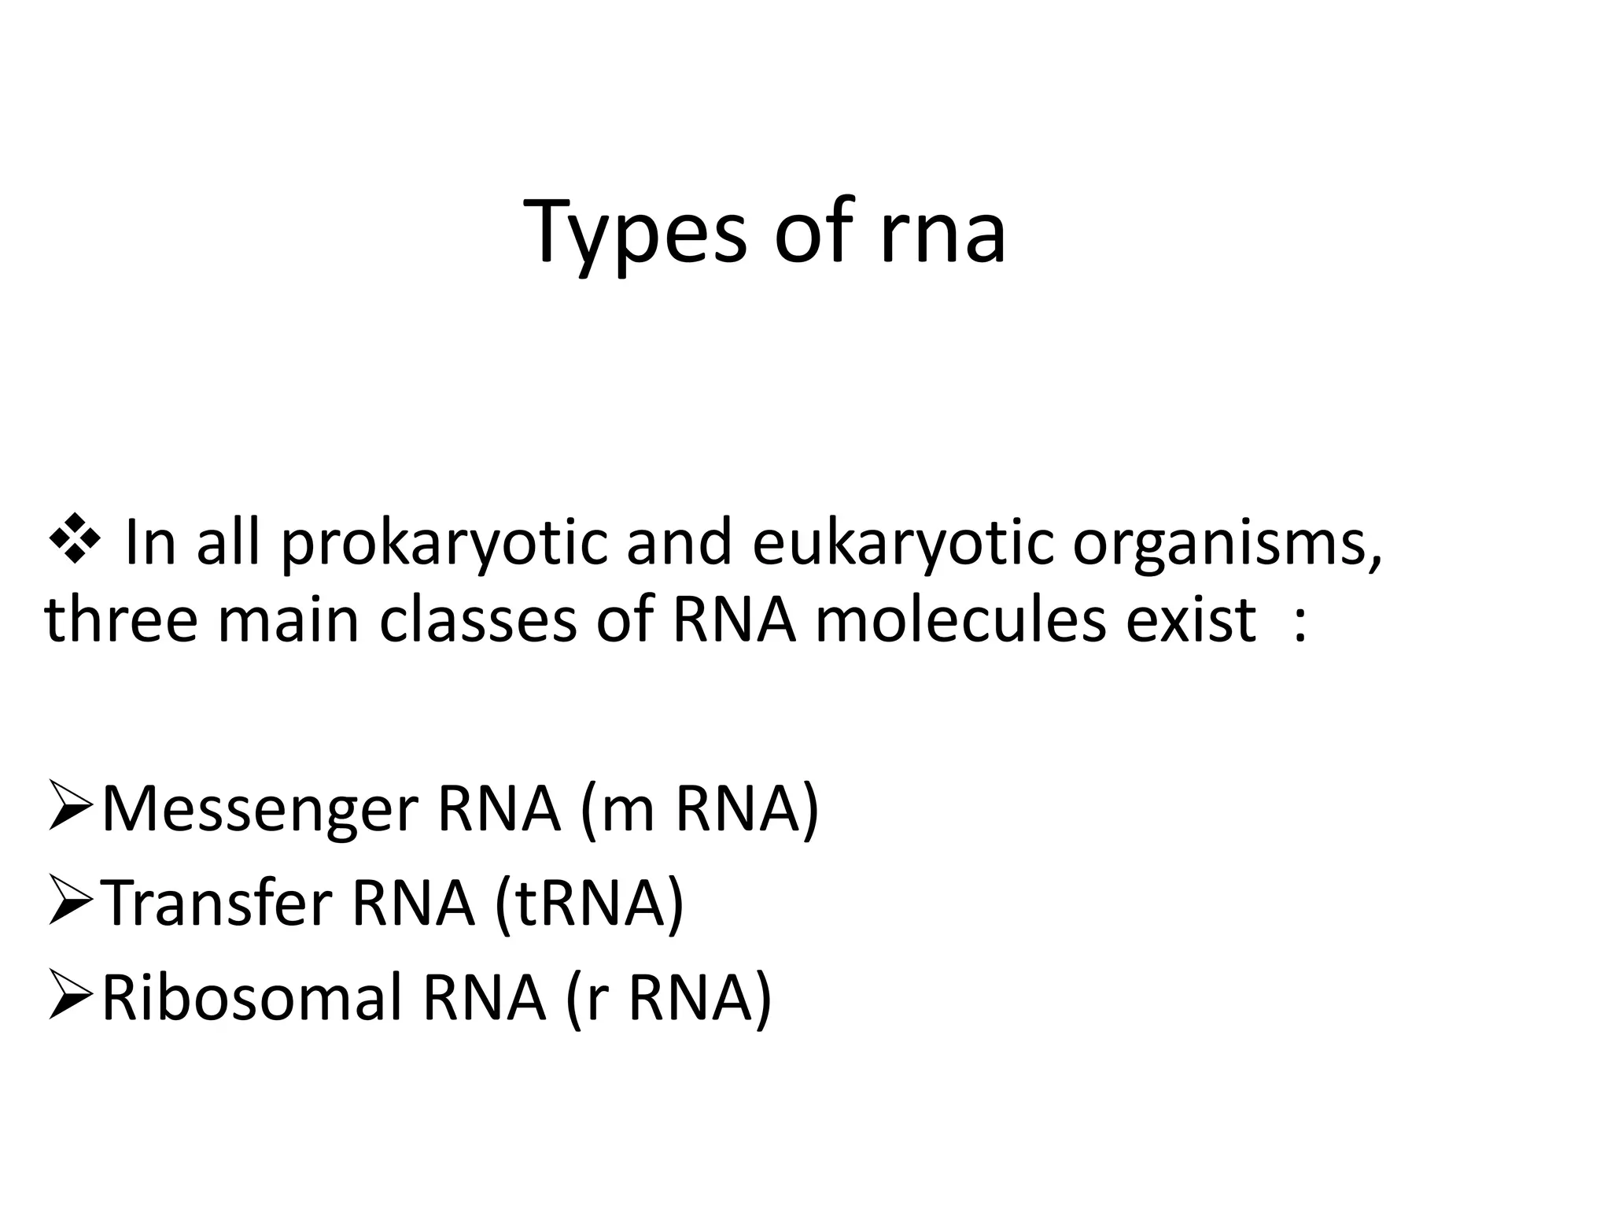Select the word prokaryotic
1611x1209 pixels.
pyautogui.click(x=444, y=543)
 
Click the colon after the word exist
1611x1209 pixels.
pyautogui.click(x=1299, y=623)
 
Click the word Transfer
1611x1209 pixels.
pyautogui.click(x=217, y=902)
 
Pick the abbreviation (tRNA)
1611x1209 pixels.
pyautogui.click(x=589, y=904)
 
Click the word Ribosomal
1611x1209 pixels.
pyautogui.click(x=253, y=996)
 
